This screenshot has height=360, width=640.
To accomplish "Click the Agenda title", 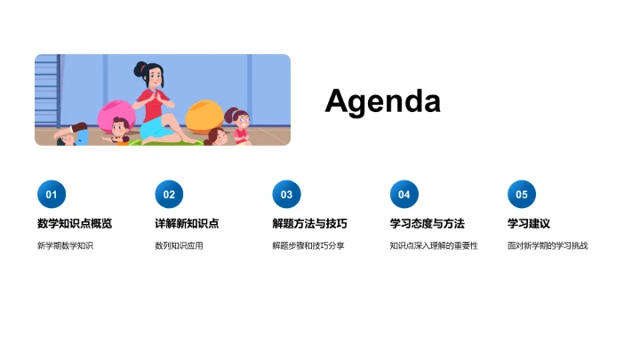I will coord(382,100).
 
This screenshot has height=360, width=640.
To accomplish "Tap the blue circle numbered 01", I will coord(52,195).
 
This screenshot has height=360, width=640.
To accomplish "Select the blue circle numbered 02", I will coord(169,195).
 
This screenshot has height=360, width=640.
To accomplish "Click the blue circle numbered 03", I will coord(286,195).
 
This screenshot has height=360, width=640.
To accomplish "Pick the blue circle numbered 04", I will coord(404,195).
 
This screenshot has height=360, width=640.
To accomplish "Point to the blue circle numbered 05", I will coord(522,195).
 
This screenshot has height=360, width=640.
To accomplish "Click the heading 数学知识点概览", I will coord(75,223).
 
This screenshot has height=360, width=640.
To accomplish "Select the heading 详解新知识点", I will coord(187,223).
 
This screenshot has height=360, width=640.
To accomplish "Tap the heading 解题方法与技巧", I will coord(309,223).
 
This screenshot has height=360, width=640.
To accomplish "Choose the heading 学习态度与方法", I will coord(427,223).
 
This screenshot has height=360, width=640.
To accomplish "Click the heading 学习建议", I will coord(529,223).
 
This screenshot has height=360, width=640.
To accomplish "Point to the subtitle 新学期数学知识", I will coord(65,245).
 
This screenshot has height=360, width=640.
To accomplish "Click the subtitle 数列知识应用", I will coord(179,245).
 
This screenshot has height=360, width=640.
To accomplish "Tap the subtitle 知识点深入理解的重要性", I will coord(434,245).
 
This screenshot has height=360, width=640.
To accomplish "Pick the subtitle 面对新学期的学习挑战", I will coord(548,245).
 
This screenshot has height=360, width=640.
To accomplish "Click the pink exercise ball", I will coord(116,116).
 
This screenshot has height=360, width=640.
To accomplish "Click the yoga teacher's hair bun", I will coord(140,67).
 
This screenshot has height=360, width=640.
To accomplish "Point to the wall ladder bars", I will coord(49,89).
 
